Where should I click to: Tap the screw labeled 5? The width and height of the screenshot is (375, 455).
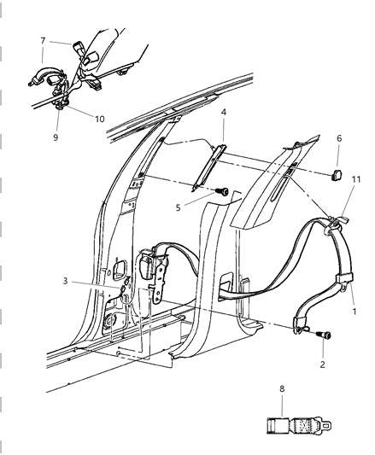220,192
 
